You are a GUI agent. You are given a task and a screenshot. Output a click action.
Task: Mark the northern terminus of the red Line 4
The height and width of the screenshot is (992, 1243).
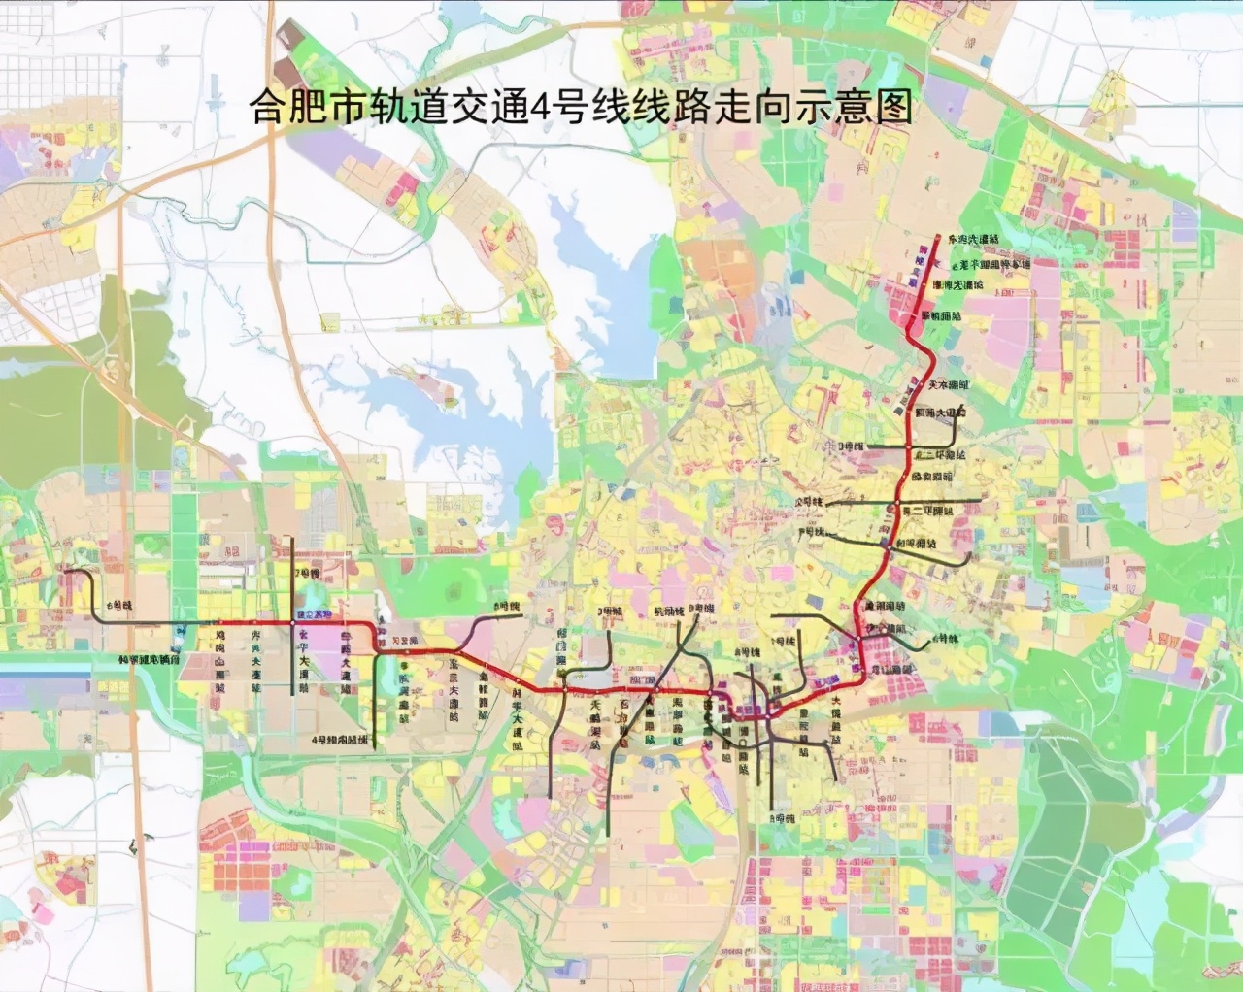click(x=938, y=236)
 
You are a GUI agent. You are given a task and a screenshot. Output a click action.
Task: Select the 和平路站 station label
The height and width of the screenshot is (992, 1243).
click(x=917, y=545)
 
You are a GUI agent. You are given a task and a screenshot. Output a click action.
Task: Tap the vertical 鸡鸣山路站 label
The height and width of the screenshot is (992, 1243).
click(x=219, y=660)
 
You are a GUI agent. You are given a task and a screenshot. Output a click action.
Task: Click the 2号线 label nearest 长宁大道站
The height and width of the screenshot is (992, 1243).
click(x=308, y=574)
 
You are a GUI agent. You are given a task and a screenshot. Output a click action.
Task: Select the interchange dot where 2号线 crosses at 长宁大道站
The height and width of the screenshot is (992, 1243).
click(x=293, y=622)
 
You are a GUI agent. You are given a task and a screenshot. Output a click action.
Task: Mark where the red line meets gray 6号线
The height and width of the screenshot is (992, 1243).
click(x=218, y=622)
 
